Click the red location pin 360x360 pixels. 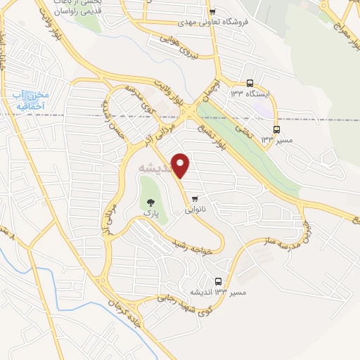click(x=181, y=165)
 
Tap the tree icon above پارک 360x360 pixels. click(x=148, y=202)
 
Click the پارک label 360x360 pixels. click(x=148, y=212)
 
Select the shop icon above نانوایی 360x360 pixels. click(x=195, y=199)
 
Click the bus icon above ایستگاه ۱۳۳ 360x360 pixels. click(x=251, y=83)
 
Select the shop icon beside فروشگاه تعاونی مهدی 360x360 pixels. click(x=212, y=12)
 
